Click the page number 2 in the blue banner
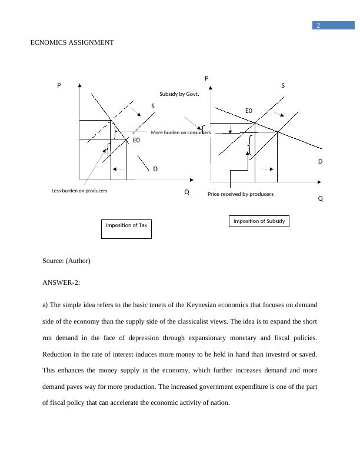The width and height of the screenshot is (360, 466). click(318, 25)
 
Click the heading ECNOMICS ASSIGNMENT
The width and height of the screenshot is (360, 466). click(72, 42)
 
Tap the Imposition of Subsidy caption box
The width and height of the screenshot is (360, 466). click(259, 221)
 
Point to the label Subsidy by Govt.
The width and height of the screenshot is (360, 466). click(179, 94)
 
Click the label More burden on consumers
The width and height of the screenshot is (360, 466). click(181, 132)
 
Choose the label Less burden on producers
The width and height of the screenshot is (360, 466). click(79, 191)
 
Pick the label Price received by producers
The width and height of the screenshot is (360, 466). click(240, 194)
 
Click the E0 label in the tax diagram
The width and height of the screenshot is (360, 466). click(136, 140)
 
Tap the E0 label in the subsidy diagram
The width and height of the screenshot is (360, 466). click(249, 111)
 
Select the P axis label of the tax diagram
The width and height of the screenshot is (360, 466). click(59, 85)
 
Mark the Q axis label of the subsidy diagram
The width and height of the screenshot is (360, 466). click(321, 199)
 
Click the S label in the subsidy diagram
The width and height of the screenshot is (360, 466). click(283, 85)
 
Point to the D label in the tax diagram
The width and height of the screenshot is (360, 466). click(155, 169)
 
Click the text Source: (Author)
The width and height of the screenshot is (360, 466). click(66, 260)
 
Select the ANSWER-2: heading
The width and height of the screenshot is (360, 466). click(61, 282)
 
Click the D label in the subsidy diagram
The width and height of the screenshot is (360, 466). click(321, 161)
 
